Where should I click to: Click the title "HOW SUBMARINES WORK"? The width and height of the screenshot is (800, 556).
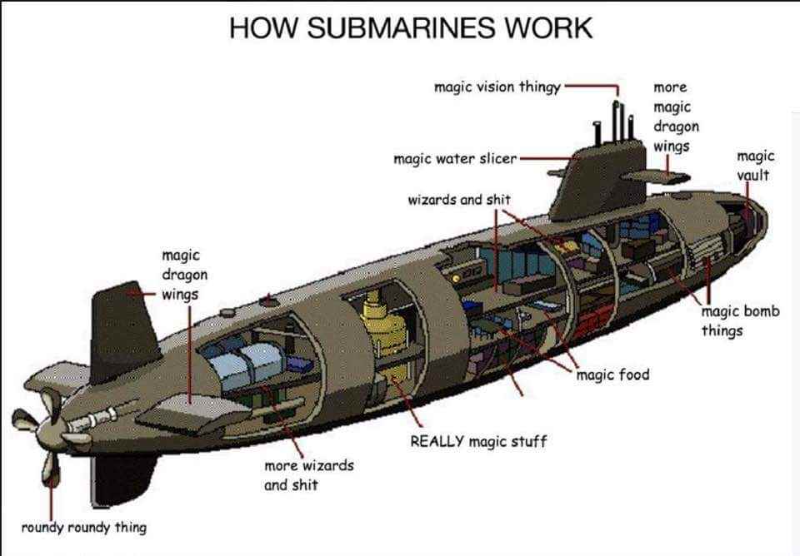(410, 27)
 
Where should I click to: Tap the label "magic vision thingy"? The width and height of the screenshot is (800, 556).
(497, 87)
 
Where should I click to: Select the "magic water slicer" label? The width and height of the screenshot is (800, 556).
(455, 158)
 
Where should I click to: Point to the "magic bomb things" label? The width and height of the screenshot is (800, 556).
(740, 321)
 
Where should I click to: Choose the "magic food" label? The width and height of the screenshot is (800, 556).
(612, 375)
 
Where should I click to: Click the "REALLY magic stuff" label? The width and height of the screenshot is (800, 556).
(478, 440)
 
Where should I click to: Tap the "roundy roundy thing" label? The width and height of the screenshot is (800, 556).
(83, 527)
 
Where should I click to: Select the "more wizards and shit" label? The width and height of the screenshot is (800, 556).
(308, 474)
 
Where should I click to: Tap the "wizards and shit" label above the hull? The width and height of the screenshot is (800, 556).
(458, 201)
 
